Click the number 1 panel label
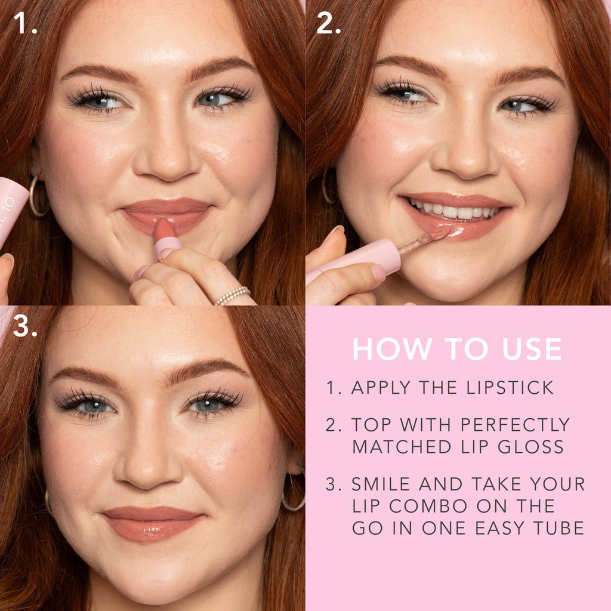coord(25,23)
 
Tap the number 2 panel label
coord(329,23)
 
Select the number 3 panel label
coord(25,326)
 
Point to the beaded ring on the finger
coord(232,295)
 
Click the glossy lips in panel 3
coord(153,523)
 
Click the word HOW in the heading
coord(392,348)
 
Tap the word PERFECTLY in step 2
coord(515,424)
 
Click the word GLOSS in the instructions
coord(530,446)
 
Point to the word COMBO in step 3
coord(428,506)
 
